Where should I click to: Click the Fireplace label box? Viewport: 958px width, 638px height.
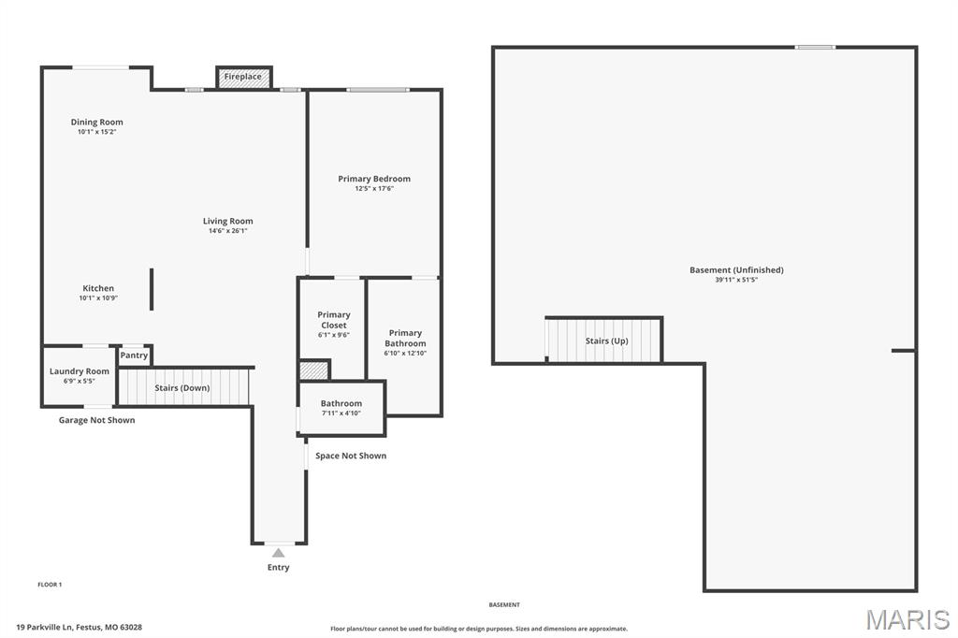(x=243, y=77)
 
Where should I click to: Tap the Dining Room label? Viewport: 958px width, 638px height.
(x=97, y=123)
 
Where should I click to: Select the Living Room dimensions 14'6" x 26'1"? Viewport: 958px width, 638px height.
(x=228, y=231)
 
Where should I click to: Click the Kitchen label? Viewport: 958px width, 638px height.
(x=98, y=288)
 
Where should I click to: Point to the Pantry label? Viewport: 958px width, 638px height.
(x=134, y=355)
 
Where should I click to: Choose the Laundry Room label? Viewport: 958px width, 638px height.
(x=80, y=371)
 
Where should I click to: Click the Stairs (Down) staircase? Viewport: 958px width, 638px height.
(x=184, y=387)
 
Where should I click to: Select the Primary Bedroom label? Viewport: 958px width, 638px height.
(x=374, y=179)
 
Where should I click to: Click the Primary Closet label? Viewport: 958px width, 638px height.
(x=334, y=320)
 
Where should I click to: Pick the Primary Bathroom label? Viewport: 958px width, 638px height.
(x=405, y=338)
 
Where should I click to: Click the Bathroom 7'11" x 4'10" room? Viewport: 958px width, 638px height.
(x=341, y=408)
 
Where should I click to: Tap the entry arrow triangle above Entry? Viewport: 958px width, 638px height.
(x=278, y=553)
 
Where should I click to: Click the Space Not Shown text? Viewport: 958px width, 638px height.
(x=351, y=456)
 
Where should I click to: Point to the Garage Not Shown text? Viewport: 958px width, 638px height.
(x=96, y=420)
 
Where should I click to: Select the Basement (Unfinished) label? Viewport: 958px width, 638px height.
(x=736, y=270)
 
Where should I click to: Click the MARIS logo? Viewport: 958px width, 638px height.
(x=907, y=618)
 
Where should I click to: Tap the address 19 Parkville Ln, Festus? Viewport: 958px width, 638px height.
(x=80, y=628)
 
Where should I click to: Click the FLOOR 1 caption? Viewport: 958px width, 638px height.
(x=50, y=585)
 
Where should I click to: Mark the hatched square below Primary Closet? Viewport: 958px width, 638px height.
(x=313, y=370)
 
